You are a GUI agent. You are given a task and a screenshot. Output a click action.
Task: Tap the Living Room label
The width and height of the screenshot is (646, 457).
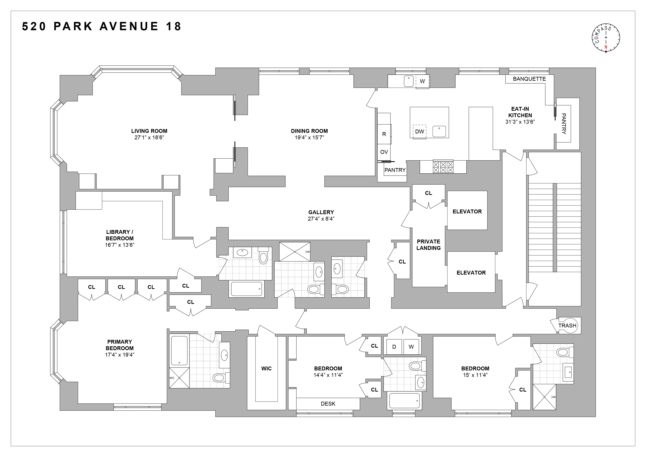click(149, 131)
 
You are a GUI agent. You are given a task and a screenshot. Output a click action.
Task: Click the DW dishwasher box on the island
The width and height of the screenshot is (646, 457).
click(419, 131)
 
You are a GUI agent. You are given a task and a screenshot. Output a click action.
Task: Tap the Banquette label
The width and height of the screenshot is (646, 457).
click(529, 79)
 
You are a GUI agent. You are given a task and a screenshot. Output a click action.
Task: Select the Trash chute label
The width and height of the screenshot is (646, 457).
click(567, 326)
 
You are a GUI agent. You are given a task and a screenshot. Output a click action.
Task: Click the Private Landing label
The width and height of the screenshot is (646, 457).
click(428, 245)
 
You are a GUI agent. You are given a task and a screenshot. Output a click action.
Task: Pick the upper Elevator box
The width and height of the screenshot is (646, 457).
click(467, 211)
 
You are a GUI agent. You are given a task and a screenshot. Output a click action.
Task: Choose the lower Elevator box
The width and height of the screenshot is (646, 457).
click(471, 272)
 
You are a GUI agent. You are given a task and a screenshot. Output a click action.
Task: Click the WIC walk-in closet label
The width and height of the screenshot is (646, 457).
click(266, 368)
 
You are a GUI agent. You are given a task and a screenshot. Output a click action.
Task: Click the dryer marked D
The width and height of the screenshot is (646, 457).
click(394, 347)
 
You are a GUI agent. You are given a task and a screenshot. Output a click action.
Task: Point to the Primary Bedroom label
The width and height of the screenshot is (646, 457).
click(120, 345)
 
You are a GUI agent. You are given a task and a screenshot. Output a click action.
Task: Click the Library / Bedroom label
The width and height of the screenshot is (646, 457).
click(120, 235)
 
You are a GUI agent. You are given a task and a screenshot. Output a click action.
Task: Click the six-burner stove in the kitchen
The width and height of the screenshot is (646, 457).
click(443, 167)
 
